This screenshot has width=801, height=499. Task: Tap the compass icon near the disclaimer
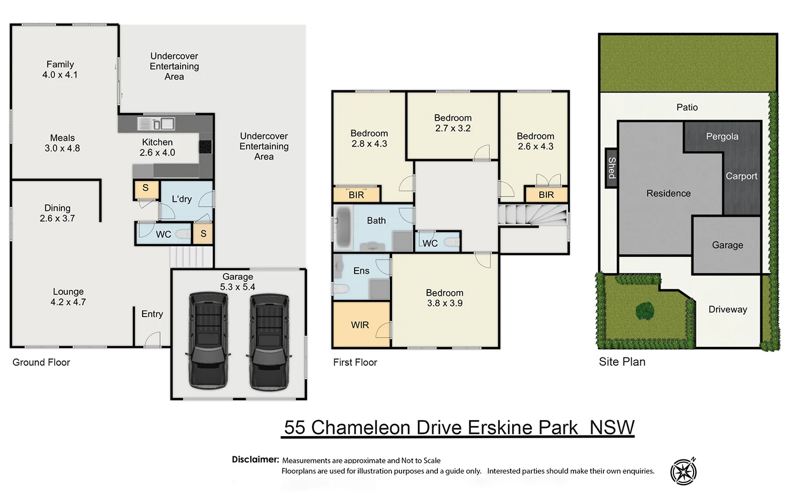pyautogui.click(x=684, y=471)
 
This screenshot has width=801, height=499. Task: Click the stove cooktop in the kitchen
pyautogui.click(x=205, y=146)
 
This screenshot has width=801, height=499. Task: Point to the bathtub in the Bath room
pyautogui.click(x=342, y=227)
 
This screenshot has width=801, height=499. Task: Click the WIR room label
pyautogui.click(x=359, y=325)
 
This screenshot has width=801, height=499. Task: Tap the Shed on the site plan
pyautogui.click(x=611, y=168)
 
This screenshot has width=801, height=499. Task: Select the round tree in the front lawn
pyautogui.click(x=645, y=310)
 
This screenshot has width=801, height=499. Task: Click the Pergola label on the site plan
pyautogui.click(x=722, y=137)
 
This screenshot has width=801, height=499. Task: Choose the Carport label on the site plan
pyautogui.click(x=741, y=176)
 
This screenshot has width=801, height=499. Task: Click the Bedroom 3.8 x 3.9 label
pyautogui.click(x=444, y=298)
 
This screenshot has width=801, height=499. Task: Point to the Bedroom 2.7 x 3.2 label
pyautogui.click(x=452, y=123)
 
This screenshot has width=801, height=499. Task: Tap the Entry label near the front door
pyautogui.click(x=152, y=314)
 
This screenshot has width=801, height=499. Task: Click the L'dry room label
pyautogui.click(x=182, y=199)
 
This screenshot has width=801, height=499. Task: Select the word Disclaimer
pyautogui.click(x=255, y=460)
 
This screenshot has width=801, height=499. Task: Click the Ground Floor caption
pyautogui.click(x=41, y=362)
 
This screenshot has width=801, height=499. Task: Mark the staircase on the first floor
pyautogui.click(x=532, y=215)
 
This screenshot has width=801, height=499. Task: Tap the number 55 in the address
pyautogui.click(x=295, y=427)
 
